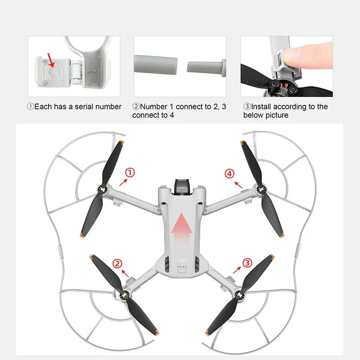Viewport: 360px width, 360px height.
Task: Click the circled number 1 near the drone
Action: coord(129,172)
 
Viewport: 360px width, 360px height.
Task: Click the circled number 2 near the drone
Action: coord(117,263)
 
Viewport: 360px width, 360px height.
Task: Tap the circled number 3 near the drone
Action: coord(247,262)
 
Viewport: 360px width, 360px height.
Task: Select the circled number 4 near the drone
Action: coord(230,173)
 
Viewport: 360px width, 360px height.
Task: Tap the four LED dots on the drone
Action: coord(181,270)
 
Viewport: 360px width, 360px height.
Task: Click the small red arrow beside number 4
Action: coord(238,184)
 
